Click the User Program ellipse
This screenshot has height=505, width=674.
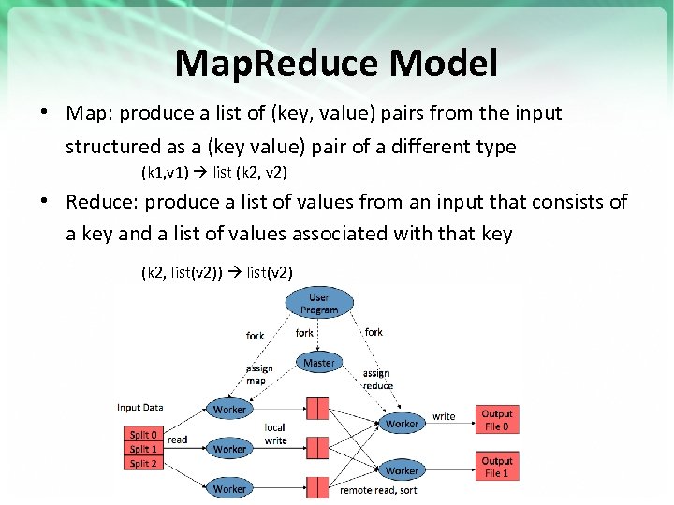coord(319,304)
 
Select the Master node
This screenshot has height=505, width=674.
coord(319,363)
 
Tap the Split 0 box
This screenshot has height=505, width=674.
coord(143,435)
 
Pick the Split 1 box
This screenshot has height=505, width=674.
coord(143,449)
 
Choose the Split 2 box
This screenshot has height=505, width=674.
coord(143,463)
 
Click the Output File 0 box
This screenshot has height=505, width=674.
coord(497,420)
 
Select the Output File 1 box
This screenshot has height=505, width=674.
coord(497,467)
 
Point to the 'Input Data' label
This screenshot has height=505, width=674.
coord(139,407)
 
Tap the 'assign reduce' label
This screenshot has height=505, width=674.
coord(377,379)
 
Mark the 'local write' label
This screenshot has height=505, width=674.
coord(275,433)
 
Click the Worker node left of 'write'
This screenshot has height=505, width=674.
coord(402,424)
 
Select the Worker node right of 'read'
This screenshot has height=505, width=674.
coord(229,449)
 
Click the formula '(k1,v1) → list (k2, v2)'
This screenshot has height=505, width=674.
coord(213,173)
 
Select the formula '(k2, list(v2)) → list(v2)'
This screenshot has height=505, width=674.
coord(216,272)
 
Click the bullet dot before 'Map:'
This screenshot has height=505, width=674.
coord(44,113)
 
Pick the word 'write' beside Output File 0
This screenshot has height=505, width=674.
coord(444,416)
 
